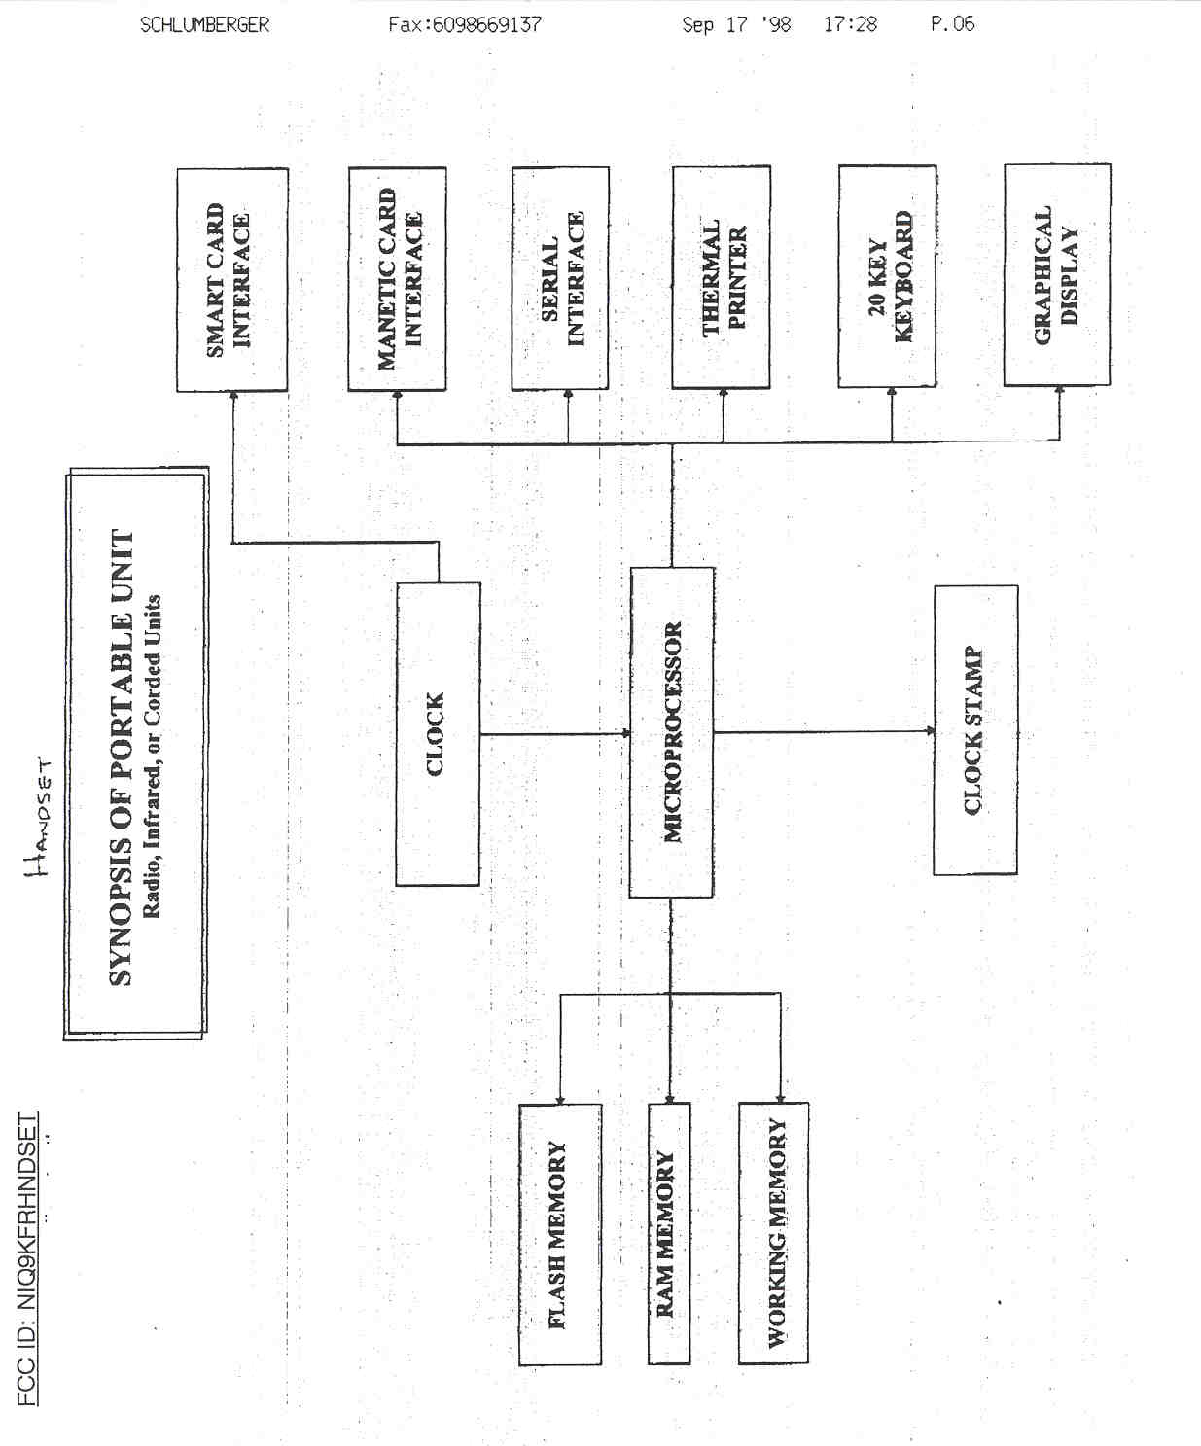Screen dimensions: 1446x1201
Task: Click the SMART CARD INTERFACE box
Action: [231, 280]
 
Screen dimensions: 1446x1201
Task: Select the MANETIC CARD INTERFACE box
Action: [397, 279]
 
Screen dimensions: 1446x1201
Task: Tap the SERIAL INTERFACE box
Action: [560, 279]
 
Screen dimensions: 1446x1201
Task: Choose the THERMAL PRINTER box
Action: [722, 278]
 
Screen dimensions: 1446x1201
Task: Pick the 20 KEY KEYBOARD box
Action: [888, 277]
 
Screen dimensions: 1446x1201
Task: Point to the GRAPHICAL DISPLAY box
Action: [1057, 275]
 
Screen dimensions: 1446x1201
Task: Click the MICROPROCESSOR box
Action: [672, 732]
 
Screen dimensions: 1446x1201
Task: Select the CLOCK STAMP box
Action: [975, 730]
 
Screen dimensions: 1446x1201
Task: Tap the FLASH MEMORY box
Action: [559, 1234]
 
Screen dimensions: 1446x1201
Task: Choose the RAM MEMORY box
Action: [669, 1234]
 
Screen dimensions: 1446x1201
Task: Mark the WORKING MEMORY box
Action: [774, 1233]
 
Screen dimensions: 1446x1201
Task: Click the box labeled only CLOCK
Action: [438, 734]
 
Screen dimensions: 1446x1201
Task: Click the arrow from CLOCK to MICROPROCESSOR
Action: [554, 734]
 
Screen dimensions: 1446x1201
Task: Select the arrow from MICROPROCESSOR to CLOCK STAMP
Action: [823, 731]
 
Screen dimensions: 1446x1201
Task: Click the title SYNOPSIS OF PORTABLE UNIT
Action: [121, 758]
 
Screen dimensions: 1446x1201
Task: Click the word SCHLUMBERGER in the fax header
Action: [204, 25]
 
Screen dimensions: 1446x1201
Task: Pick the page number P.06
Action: [952, 24]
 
